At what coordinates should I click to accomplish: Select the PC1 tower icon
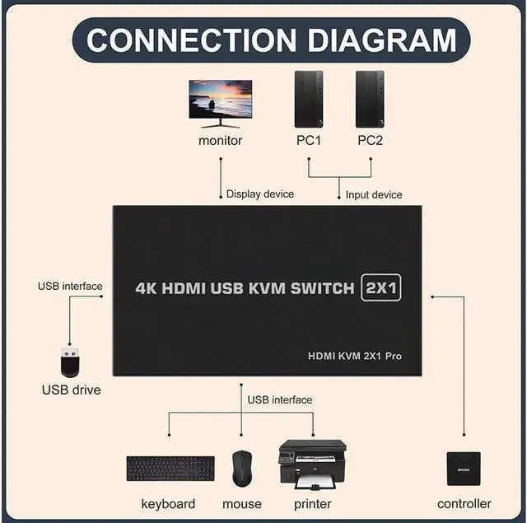309,99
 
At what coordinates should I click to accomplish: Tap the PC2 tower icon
370,99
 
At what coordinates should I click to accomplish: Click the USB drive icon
71,363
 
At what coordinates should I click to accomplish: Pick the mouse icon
241,468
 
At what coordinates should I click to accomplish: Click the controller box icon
464,468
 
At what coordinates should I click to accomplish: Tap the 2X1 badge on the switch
380,288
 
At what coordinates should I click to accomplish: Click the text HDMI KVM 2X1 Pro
355,356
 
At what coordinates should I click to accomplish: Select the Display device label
260,194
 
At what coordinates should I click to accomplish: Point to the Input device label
374,194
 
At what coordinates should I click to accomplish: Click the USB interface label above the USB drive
70,287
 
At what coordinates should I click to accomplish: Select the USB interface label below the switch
280,399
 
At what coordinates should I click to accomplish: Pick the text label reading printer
313,503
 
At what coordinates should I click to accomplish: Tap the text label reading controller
464,503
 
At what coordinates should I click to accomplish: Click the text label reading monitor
221,140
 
